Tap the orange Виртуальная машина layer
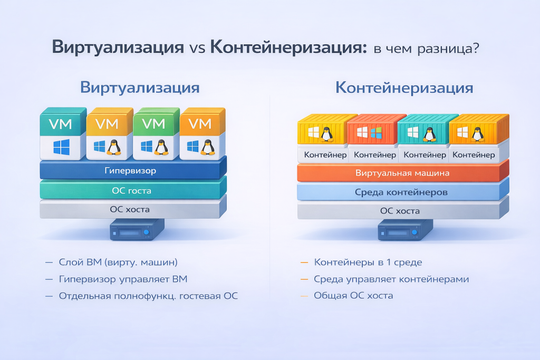(402, 173)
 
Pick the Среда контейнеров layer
(402, 192)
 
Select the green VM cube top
(154, 124)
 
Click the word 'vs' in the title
(196, 48)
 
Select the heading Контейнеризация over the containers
(404, 87)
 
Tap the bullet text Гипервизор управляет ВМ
(123, 279)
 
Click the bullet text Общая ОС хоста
(353, 296)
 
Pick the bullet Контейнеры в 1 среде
(368, 262)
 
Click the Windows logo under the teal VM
(61, 147)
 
